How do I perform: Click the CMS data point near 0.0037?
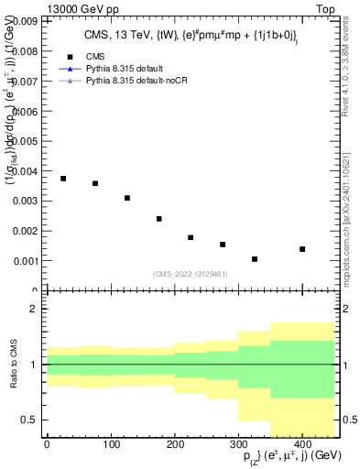(63, 179)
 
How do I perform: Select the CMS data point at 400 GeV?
(302, 249)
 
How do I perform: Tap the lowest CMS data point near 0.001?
(255, 259)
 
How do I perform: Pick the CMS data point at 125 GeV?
(127, 198)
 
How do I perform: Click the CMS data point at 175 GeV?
(159, 219)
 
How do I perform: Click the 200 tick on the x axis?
(174, 442)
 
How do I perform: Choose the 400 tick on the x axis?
(302, 442)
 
